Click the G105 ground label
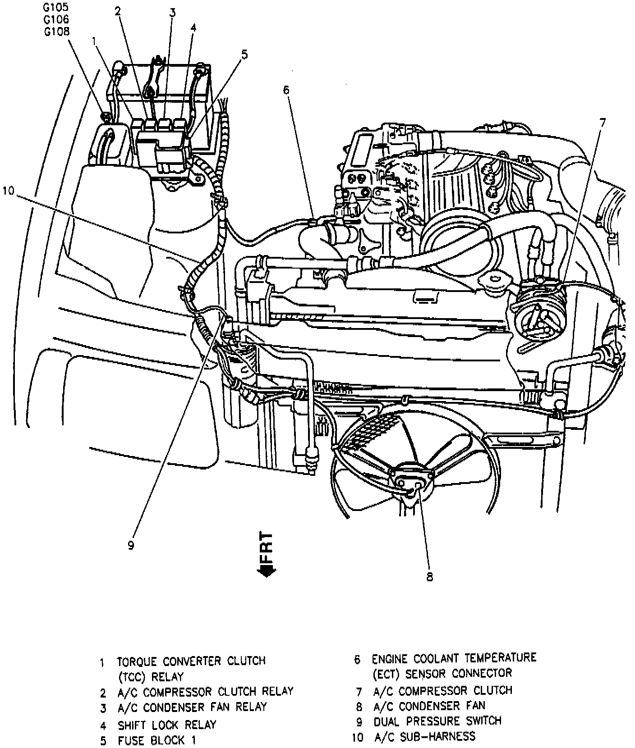tap(56, 7)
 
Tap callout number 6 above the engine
tap(286, 90)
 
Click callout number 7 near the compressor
tap(603, 123)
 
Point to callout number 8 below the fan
tap(429, 576)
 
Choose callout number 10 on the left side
tap(9, 191)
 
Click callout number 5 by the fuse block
tap(244, 55)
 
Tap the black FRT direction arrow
tap(266, 570)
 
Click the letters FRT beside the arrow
tap(267, 546)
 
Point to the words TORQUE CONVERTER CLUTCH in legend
tap(191, 661)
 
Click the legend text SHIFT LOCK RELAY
tap(167, 725)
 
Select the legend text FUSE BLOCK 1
tap(156, 740)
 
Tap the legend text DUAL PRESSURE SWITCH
tap(437, 721)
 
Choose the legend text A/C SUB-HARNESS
tap(424, 737)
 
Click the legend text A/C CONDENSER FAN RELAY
tap(192, 707)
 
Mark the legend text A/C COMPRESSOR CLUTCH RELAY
tap(205, 692)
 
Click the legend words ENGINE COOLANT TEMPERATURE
tap(454, 658)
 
